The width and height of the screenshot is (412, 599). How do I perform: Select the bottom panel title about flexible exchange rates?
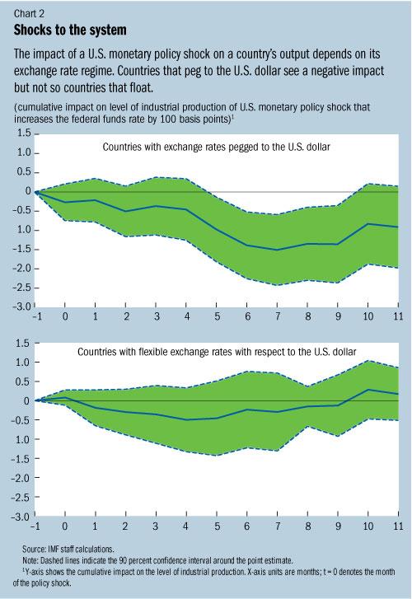pos(217,351)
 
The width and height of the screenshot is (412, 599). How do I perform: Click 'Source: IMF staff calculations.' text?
pos(64,547)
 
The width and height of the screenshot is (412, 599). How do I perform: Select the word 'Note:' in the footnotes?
pos(30,558)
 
